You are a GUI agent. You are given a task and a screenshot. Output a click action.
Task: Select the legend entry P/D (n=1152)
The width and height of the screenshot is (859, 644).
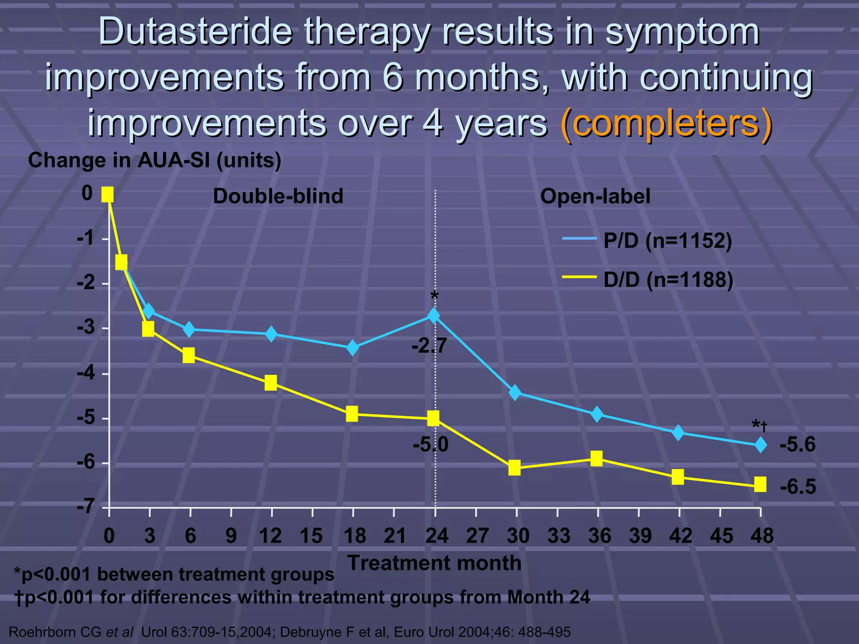667,241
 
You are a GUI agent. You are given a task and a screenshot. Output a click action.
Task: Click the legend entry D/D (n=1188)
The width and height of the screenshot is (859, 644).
668,280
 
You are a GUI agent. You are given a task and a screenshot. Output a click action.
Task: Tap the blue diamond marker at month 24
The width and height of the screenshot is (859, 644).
434,315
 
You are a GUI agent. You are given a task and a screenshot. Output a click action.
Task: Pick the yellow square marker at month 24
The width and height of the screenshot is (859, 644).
434,418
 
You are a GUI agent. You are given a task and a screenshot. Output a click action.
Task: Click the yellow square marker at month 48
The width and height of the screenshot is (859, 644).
760,484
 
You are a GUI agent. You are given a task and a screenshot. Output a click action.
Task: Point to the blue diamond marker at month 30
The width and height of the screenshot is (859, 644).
515,393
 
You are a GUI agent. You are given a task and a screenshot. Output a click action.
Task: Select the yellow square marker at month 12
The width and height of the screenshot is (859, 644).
271,383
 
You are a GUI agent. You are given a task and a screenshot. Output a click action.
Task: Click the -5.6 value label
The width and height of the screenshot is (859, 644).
797,444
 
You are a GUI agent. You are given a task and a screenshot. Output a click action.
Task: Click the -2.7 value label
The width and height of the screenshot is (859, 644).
429,346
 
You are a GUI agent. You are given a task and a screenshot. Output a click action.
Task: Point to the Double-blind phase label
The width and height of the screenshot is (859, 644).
278,196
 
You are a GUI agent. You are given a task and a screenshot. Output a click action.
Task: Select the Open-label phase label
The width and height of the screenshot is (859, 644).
595,196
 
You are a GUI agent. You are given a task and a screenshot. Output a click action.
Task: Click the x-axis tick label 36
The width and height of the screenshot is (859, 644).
599,536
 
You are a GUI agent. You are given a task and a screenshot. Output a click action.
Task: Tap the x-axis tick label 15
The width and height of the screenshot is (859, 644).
311,536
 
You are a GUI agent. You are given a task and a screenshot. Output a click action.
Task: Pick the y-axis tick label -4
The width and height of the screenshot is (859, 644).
87,373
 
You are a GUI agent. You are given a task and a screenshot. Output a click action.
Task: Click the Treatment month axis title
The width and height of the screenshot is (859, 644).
435,563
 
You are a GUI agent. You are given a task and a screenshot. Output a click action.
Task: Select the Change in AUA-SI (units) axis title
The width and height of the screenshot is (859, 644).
154,160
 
